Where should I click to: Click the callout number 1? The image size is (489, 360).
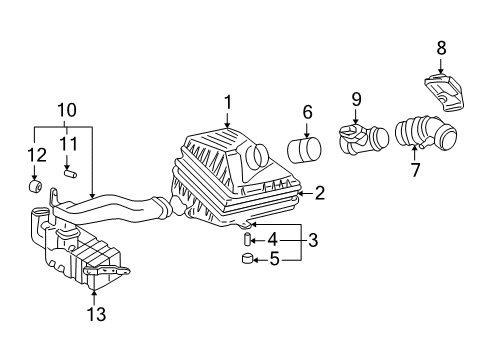[x=228, y=101]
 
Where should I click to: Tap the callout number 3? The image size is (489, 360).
[x=312, y=240]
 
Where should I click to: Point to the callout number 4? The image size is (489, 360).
[x=272, y=240]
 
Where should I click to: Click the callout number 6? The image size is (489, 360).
[x=308, y=112]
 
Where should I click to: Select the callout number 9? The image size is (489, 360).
[x=356, y=99]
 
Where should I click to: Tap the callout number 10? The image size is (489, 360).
[x=66, y=109]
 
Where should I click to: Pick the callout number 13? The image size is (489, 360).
[x=93, y=315]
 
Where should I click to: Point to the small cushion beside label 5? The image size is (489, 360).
[x=245, y=263]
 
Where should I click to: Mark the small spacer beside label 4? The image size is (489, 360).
[x=244, y=240]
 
